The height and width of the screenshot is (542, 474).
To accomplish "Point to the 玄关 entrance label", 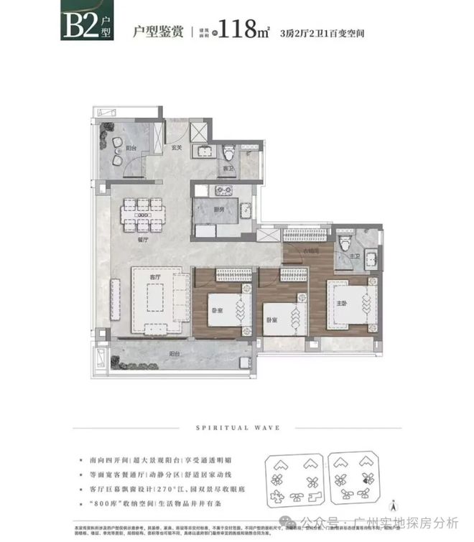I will [177, 149].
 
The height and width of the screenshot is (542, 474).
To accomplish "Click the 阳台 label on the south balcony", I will [175, 354].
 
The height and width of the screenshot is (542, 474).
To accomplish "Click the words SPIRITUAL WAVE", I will [236, 429].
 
